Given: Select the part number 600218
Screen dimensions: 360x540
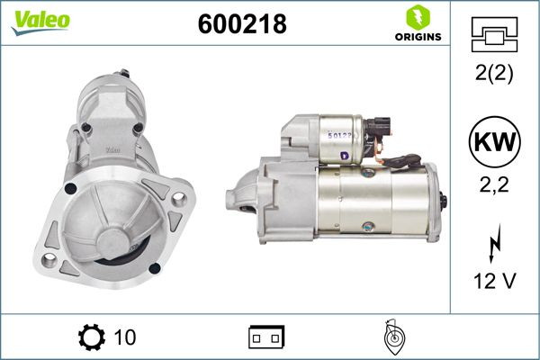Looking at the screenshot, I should (241, 25).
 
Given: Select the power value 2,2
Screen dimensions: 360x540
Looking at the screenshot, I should (494, 185).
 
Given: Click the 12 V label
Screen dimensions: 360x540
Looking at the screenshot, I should (494, 281).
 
